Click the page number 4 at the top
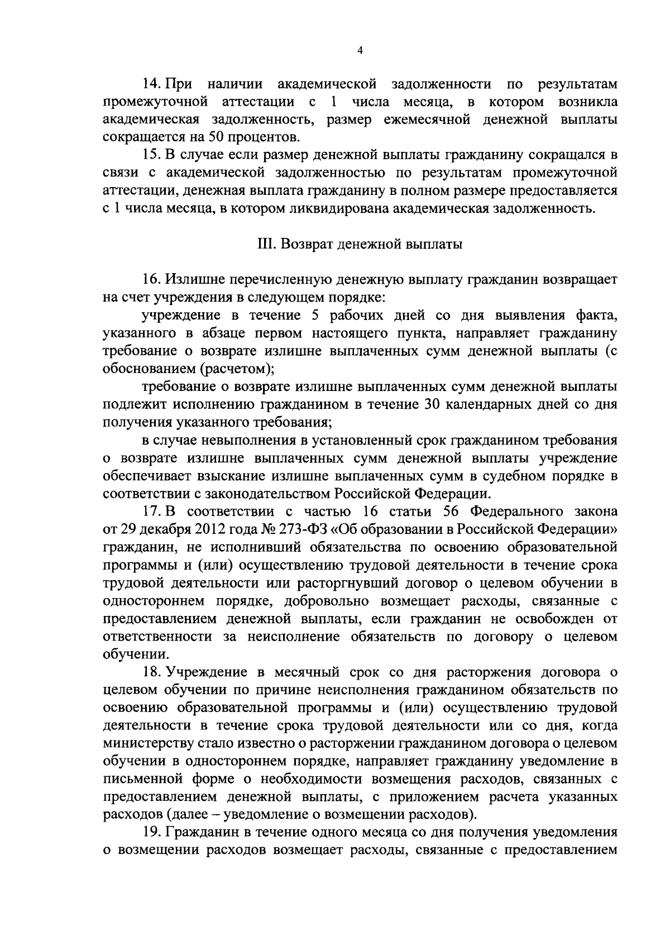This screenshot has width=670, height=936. click(360, 50)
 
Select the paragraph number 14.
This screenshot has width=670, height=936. click(151, 84)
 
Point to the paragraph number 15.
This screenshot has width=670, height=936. click(151, 155)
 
